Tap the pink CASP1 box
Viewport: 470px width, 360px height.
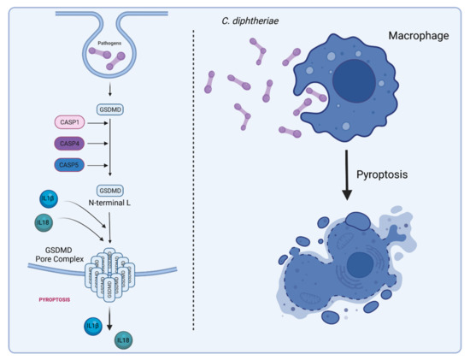(70, 123)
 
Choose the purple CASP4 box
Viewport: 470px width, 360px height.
(70, 144)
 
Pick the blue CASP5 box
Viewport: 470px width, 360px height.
(70, 164)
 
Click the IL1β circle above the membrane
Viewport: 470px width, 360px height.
(50, 198)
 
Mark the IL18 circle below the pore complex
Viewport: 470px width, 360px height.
(121, 340)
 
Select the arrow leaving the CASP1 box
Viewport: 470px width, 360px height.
(103, 123)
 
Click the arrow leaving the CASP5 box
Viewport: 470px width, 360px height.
(103, 164)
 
